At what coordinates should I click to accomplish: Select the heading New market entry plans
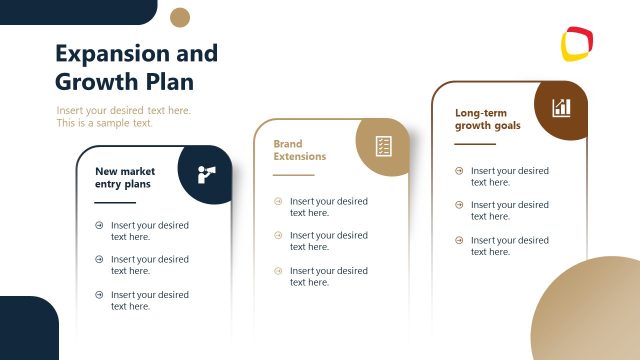125,178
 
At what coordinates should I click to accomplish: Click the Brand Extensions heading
301,150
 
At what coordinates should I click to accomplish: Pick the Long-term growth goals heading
487,120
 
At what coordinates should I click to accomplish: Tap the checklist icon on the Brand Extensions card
383,146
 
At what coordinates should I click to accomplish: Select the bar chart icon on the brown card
561,107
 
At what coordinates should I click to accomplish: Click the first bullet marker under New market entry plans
99,225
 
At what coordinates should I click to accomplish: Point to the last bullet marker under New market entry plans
99,294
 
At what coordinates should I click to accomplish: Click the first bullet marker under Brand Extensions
278,201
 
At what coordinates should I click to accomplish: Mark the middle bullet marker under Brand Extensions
278,235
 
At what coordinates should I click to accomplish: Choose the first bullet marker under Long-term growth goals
459,171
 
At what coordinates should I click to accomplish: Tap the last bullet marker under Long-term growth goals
459,240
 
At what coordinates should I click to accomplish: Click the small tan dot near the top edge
180,17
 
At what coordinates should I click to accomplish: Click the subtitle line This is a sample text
105,123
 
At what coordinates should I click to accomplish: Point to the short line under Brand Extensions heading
293,174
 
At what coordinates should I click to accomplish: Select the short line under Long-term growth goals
475,144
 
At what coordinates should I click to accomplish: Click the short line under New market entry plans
115,202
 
